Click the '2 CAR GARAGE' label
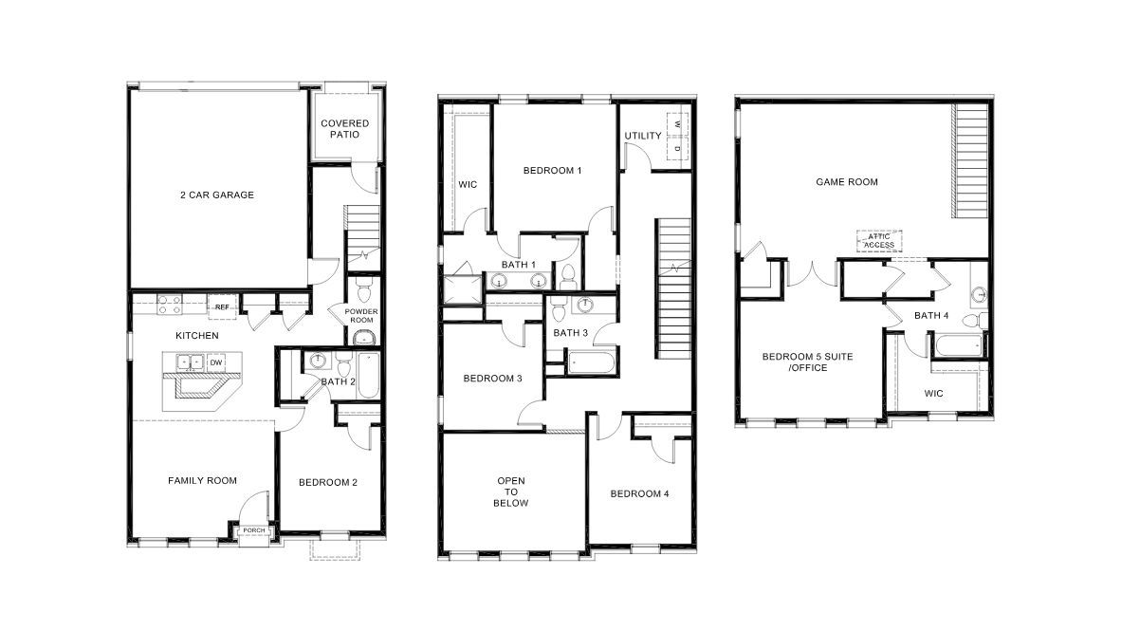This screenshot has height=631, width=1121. (217, 195)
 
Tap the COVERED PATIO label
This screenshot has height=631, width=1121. (344, 129)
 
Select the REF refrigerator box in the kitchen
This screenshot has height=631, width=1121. (222, 306)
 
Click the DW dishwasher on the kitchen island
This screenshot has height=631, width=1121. (216, 362)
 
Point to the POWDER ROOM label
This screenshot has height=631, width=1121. (361, 315)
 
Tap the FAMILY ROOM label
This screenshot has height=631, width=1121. (202, 481)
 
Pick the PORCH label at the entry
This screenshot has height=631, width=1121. (253, 530)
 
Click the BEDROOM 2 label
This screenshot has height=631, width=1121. (328, 482)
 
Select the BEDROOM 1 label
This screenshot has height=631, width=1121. (552, 171)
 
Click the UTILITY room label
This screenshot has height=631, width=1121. (643, 136)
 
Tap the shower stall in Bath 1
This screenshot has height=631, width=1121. (462, 284)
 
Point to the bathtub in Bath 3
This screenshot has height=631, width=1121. (590, 361)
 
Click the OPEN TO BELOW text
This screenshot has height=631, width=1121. (511, 492)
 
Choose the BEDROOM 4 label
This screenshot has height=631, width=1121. (639, 493)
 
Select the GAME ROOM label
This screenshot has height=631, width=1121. (847, 182)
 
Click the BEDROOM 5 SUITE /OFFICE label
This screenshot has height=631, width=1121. (795, 362)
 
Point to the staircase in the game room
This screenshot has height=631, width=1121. (971, 161)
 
